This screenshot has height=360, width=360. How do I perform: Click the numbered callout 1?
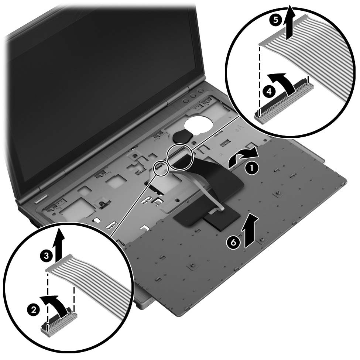(252, 168)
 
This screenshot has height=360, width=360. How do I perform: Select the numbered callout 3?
(46, 256)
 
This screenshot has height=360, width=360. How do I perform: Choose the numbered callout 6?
(233, 243)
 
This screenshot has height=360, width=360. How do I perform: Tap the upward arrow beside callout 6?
(250, 231)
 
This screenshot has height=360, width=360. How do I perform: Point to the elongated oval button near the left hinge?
(42, 199)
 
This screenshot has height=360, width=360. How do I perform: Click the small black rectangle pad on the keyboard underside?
(222, 221)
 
